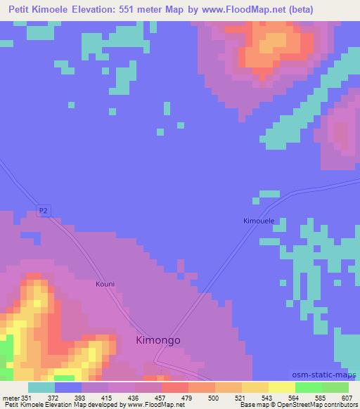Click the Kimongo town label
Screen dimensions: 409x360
pos(157,340)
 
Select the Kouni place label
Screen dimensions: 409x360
pos(104,285)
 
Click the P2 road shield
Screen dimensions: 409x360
pos(44,209)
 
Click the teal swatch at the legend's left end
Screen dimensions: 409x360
pos(41,387)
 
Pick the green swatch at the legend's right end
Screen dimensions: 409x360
pos(335,387)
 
